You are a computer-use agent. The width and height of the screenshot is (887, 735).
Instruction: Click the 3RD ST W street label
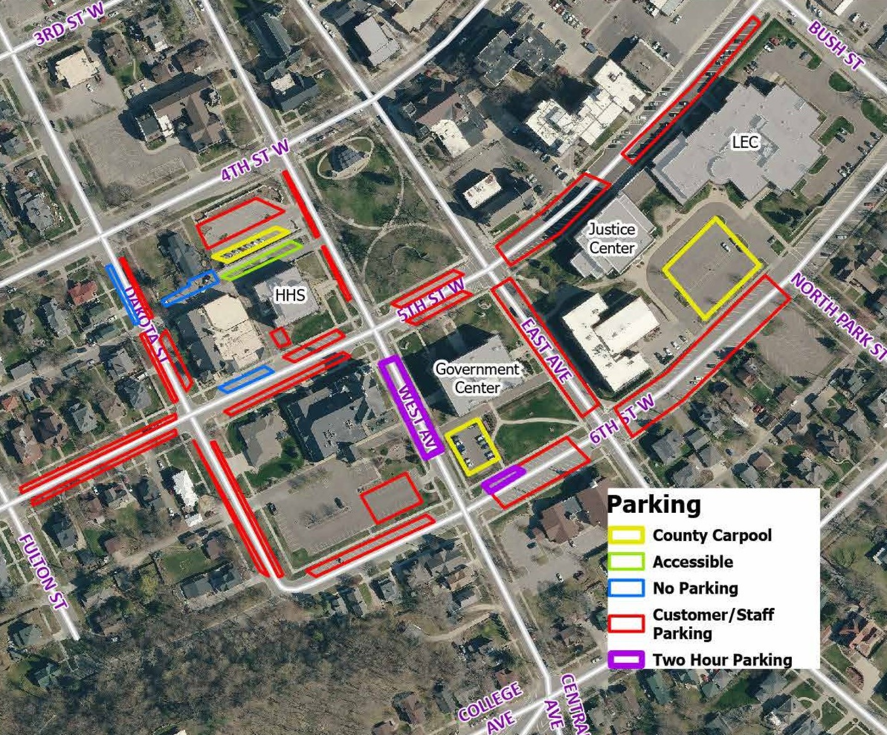70,23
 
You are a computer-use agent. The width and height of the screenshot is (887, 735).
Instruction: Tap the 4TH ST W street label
255,160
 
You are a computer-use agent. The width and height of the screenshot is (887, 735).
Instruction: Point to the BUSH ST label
836,46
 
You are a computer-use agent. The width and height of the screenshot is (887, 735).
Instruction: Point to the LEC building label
745,142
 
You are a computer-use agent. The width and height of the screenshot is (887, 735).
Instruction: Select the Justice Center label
612,238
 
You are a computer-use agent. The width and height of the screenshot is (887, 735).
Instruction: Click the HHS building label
290,295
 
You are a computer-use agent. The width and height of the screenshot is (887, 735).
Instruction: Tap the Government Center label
477,378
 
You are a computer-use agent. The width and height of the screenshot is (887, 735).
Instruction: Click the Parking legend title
653,504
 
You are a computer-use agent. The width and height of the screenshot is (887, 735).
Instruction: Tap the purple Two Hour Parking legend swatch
626,659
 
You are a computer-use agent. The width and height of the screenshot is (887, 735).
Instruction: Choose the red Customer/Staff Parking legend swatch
626,623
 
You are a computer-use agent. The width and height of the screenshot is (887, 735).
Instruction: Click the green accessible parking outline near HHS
261,260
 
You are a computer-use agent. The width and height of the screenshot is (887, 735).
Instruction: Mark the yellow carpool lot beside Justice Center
711,268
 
